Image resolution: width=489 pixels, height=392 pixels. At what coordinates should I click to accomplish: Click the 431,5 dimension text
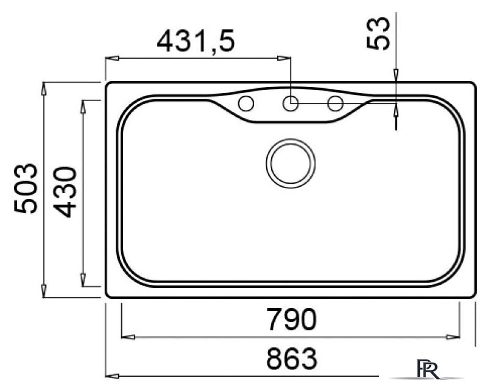[x=195, y=41]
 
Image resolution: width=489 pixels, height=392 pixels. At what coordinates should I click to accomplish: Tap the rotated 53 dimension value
[x=378, y=33]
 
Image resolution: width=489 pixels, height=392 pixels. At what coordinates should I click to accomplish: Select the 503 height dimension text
[x=26, y=188]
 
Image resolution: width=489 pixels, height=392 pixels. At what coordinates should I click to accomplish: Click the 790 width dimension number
[x=292, y=319]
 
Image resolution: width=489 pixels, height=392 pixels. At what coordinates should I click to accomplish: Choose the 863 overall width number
[x=292, y=358]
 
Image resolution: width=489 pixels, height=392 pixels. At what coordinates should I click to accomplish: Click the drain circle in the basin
[x=291, y=164]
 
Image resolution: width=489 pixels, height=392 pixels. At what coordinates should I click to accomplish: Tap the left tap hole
[x=246, y=104]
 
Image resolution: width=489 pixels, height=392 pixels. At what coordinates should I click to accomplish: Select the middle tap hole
[x=291, y=104]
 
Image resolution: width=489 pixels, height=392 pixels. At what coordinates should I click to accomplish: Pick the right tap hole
[x=335, y=104]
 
